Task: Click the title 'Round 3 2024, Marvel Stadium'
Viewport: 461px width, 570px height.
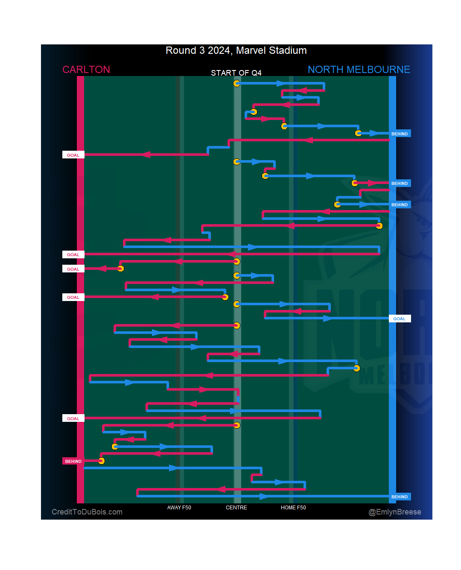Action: point(236,50)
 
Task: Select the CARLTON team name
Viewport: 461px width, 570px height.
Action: point(86,70)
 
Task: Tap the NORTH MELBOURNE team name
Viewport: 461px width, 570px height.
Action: point(359,70)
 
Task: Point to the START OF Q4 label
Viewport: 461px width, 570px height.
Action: point(236,73)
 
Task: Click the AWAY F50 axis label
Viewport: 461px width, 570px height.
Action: point(179,508)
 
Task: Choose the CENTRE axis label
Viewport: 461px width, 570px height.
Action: point(236,508)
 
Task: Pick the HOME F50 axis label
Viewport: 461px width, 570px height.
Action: point(293,508)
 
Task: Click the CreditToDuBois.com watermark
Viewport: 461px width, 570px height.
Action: point(87,512)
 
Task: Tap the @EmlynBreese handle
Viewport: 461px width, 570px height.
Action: point(394,512)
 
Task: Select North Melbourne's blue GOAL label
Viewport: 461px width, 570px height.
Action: point(400,319)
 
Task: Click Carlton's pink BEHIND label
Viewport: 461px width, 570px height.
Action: point(73,461)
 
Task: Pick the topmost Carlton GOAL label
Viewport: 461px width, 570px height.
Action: point(73,155)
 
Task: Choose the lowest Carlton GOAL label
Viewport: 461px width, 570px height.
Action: point(73,418)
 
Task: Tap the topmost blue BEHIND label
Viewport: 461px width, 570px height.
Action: point(400,134)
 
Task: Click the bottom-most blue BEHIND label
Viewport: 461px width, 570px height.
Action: point(400,497)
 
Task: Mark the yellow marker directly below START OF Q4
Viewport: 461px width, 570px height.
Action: point(236,83)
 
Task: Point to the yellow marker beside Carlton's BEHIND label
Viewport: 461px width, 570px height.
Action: point(101,461)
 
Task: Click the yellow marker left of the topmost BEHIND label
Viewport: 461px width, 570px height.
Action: point(358,133)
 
